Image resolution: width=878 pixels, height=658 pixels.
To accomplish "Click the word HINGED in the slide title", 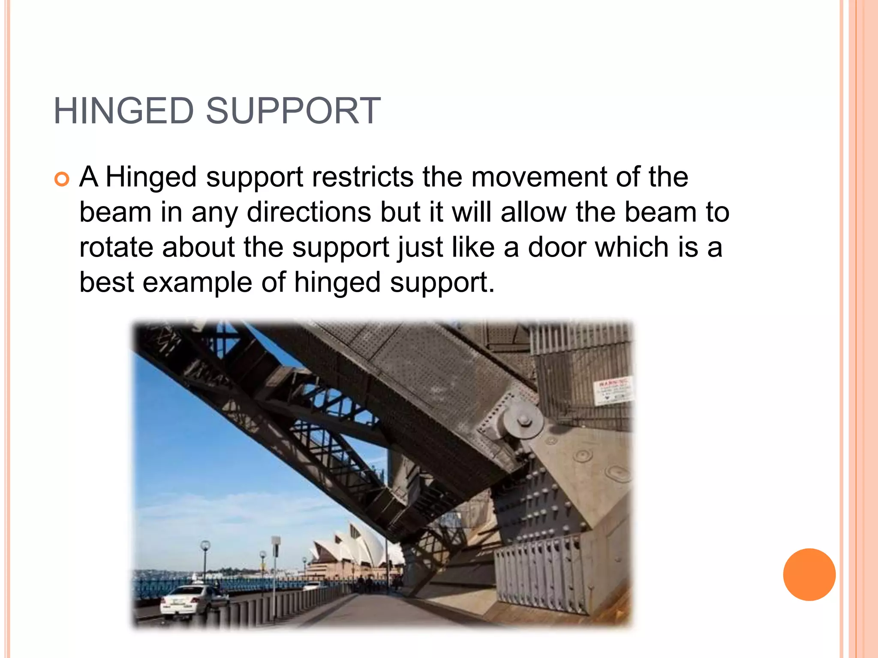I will [124, 111].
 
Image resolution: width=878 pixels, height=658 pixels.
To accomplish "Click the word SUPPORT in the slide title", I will [293, 111].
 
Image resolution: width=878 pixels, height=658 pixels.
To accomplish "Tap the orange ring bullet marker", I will [62, 179].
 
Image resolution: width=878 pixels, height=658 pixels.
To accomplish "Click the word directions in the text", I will [309, 212].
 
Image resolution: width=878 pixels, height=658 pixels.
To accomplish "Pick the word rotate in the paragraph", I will [116, 248].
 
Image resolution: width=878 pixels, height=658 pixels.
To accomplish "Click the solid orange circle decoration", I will [809, 574].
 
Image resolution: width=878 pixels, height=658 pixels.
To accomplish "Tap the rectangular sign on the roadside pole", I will [276, 547].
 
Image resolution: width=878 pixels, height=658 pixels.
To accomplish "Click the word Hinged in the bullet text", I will [150, 177].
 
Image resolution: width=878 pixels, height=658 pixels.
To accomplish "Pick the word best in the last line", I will [106, 283].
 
